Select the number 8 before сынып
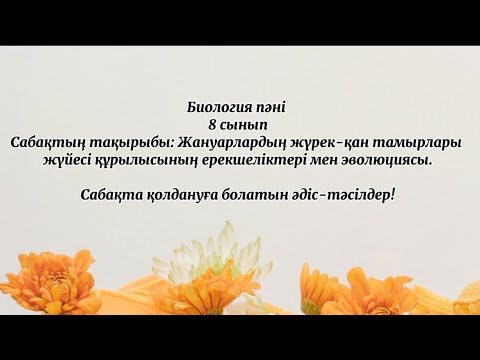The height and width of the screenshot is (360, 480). coord(212,124)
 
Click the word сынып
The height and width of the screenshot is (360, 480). coord(245,124)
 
